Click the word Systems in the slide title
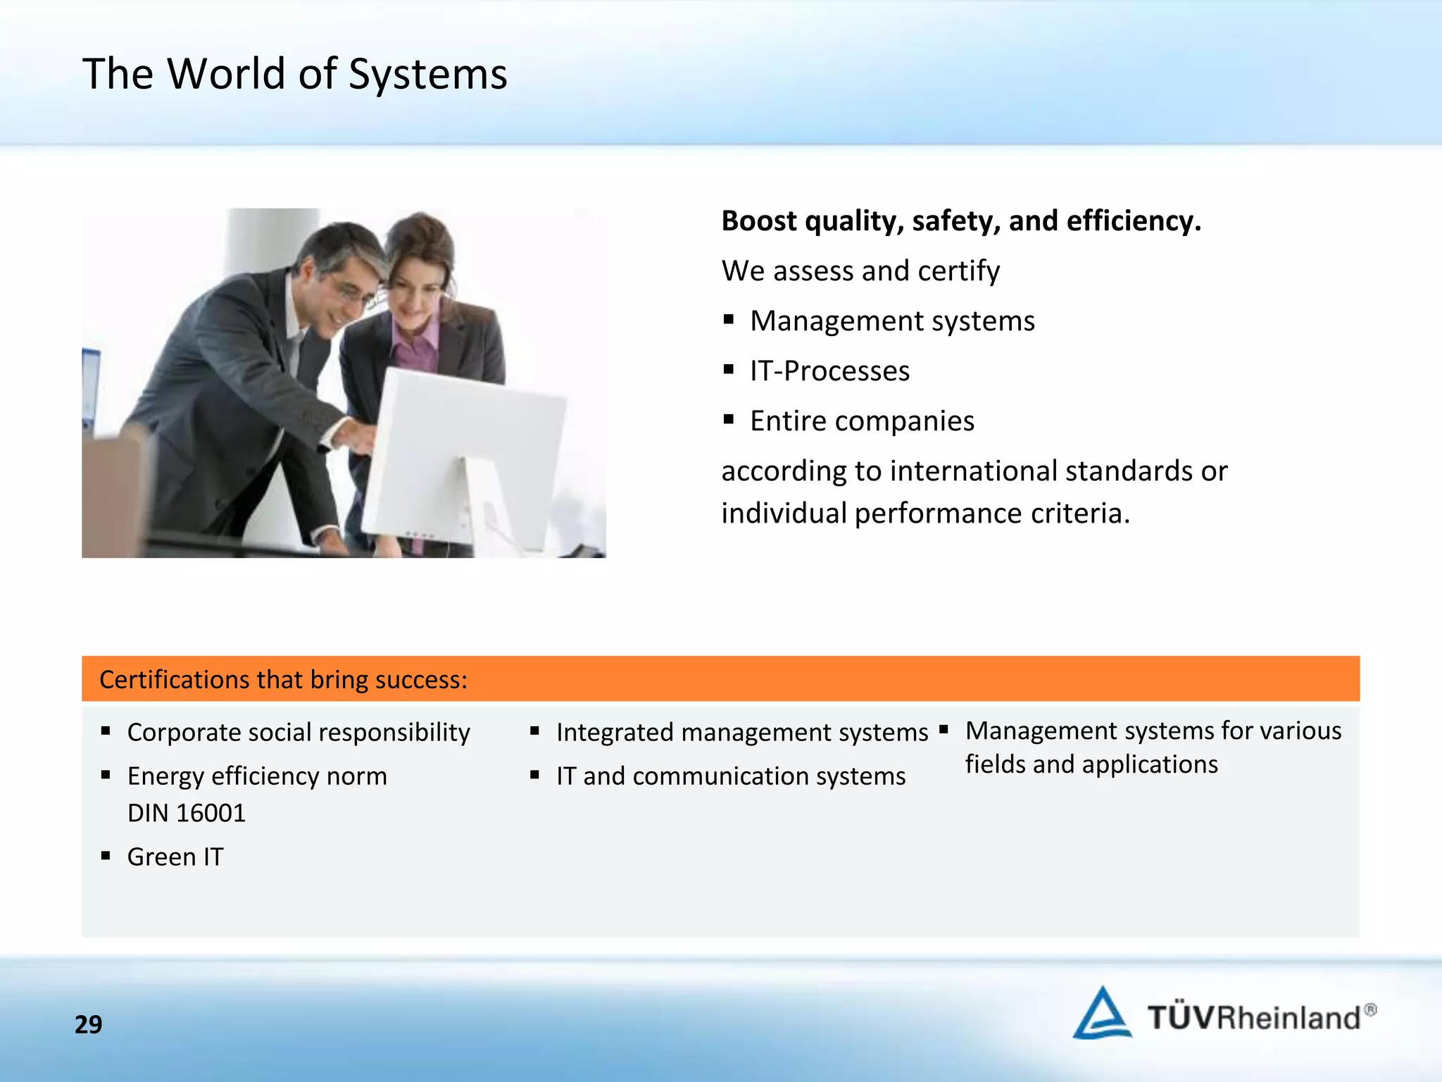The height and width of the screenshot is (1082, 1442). [427, 74]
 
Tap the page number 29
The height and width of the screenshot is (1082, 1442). [88, 1024]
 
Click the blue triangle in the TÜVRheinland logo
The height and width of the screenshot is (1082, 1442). [1101, 1014]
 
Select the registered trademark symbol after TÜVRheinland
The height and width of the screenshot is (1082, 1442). [1370, 1009]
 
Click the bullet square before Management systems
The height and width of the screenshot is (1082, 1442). [729, 321]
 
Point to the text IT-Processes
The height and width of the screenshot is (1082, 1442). [829, 371]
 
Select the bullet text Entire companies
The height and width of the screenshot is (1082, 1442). [862, 421]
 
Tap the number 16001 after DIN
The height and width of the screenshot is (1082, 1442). [211, 814]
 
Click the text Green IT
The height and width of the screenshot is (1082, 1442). [175, 857]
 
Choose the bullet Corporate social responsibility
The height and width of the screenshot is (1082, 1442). [299, 733]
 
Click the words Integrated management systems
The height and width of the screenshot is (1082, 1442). [742, 733]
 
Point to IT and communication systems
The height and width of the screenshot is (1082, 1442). [731, 776]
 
